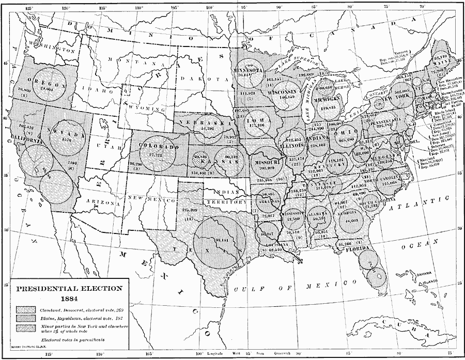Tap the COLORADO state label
pyautogui.click(x=159, y=146)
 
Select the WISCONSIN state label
pyautogui.click(x=283, y=90)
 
